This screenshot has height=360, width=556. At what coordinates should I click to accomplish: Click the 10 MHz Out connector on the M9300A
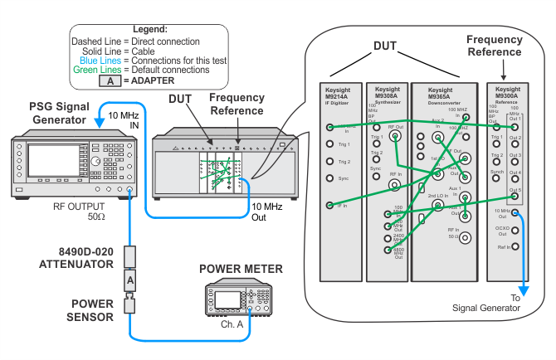[x=515, y=212]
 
